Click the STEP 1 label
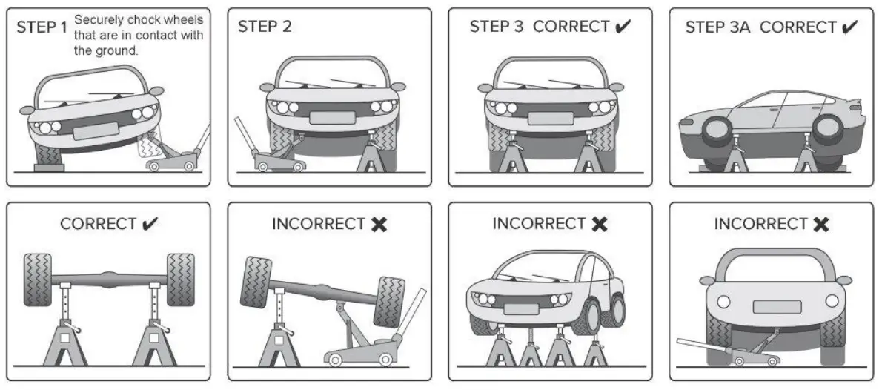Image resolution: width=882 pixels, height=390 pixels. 43,27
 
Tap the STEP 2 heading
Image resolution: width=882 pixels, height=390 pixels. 265,27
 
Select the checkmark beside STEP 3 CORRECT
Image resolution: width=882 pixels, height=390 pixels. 623,27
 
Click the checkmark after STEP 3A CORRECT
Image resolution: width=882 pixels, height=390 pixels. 849,27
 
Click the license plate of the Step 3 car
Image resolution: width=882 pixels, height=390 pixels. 550,118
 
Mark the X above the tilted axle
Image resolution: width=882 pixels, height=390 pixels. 379,224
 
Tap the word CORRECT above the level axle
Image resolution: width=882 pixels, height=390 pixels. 98,224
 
